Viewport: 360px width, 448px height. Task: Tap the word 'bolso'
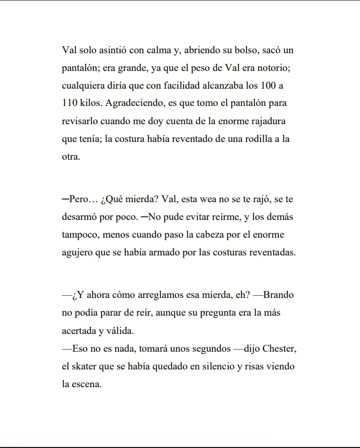pyautogui.click(x=246, y=51)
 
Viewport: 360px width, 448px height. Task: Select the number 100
pyautogui.click(x=269, y=86)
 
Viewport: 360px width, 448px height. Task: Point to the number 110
pyautogui.click(x=70, y=103)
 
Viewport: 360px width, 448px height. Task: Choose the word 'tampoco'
pyautogui.click(x=79, y=234)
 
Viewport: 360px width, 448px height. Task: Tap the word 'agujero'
pyautogui.click(x=77, y=252)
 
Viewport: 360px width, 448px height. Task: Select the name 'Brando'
pyautogui.click(x=278, y=295)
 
